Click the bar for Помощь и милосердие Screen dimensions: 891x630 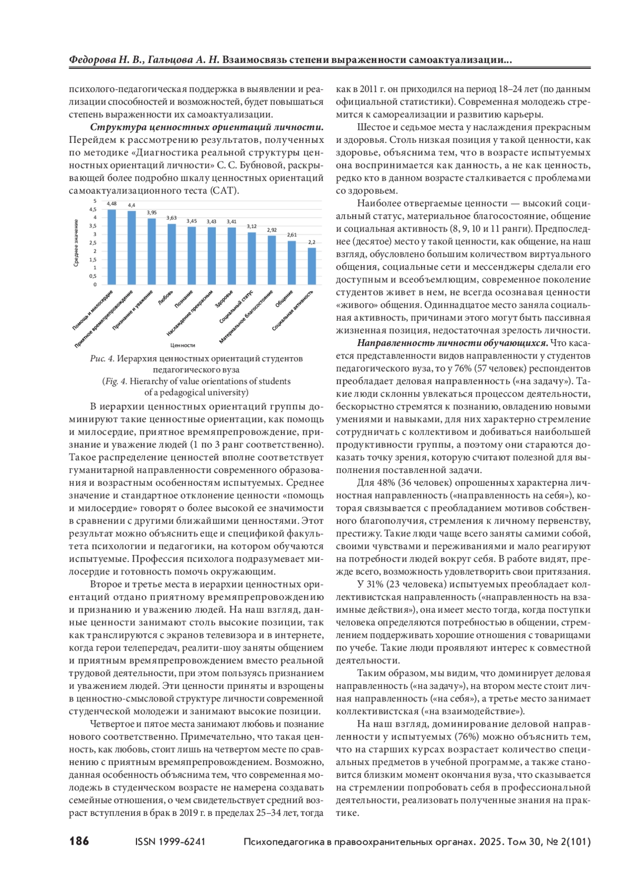[x=112, y=247]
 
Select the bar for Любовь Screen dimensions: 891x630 [x=172, y=255]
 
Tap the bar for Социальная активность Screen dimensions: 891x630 [x=312, y=266]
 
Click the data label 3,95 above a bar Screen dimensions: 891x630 [x=152, y=213]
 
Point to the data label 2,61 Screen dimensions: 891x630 [x=292, y=235]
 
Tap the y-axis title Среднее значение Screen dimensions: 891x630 [x=77, y=243]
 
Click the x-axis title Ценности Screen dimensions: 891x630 [x=183, y=345]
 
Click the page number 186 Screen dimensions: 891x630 [x=79, y=842]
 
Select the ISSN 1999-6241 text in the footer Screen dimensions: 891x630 [x=170, y=842]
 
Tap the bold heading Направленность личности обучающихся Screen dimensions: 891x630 [x=453, y=343]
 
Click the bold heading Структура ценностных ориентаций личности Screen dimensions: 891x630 [x=207, y=128]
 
